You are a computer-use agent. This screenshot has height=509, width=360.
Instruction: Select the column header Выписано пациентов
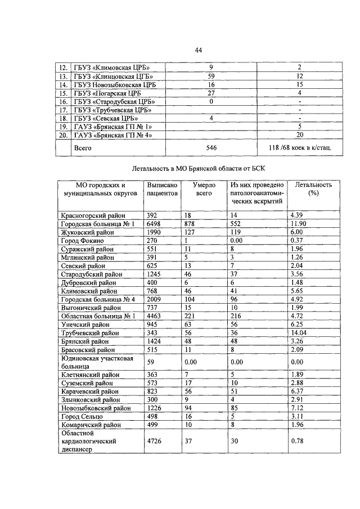pos(162,189)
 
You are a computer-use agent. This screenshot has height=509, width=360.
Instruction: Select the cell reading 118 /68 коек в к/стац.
pos(300,147)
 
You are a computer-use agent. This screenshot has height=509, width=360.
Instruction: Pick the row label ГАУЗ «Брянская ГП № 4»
pos(114,135)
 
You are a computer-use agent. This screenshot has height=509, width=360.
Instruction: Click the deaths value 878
pos(192,224)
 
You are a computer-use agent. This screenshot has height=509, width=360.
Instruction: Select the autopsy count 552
pos(238,224)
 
